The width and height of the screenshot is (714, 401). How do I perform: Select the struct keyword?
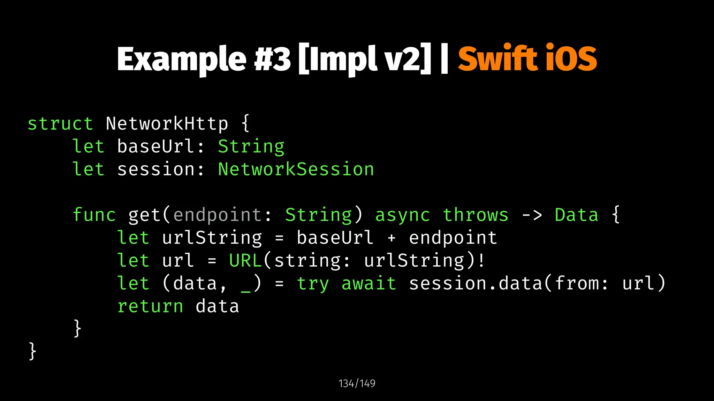click(x=60, y=124)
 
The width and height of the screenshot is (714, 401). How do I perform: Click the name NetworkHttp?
click(x=167, y=124)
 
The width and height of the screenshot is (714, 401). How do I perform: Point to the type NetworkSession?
click(x=296, y=170)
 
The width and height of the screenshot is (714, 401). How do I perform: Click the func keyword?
click(x=94, y=215)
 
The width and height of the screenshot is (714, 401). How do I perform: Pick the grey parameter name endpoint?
click(x=217, y=215)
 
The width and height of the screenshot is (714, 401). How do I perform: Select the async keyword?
click(x=402, y=215)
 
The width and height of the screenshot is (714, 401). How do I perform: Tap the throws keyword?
click(x=476, y=215)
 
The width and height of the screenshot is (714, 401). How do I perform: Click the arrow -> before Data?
click(x=532, y=215)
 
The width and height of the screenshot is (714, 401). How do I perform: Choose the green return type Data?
click(x=576, y=215)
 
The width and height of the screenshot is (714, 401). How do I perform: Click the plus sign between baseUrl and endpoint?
click(x=392, y=238)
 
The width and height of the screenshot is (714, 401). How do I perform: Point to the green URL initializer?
click(x=245, y=260)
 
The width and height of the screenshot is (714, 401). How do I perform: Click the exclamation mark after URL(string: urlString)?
click(x=481, y=260)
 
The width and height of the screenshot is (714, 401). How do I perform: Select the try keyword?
click(x=313, y=283)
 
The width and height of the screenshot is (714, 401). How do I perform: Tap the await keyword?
click(x=369, y=283)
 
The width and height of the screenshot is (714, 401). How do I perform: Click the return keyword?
click(x=150, y=306)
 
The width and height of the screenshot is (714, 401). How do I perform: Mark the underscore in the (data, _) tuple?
click(x=245, y=290)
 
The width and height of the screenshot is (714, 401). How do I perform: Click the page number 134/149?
click(x=357, y=384)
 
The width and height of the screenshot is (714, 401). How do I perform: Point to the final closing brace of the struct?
click(x=32, y=351)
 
